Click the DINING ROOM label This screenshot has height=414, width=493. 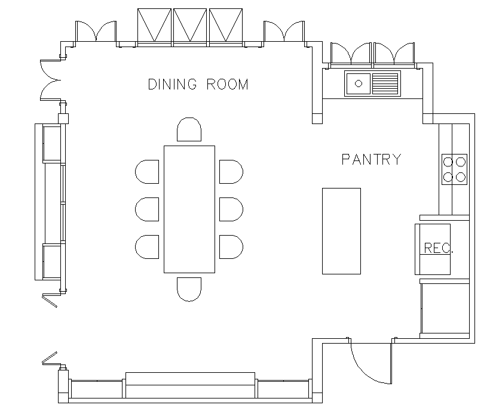coord(198,84)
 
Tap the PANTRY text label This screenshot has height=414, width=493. coord(370,159)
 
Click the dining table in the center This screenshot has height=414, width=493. coord(189,209)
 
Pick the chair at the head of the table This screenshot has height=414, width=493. coord(189,130)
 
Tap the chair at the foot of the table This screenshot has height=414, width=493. coord(189,288)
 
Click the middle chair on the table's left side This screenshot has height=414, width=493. coord(147,209)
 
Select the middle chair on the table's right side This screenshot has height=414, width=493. coord(231,209)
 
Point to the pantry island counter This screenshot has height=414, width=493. coord(341,231)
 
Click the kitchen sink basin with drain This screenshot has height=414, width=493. coord(359,83)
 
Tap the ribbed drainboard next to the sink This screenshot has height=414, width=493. coord(385,83)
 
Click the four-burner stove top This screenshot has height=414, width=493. coord(454,169)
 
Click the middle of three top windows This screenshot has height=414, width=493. coord(191,26)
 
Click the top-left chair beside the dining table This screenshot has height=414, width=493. coord(147,172)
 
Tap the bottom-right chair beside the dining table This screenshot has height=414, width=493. coord(231,246)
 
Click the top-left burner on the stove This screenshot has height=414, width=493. coord(448,161)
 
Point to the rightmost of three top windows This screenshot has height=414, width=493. coord(226,26)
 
